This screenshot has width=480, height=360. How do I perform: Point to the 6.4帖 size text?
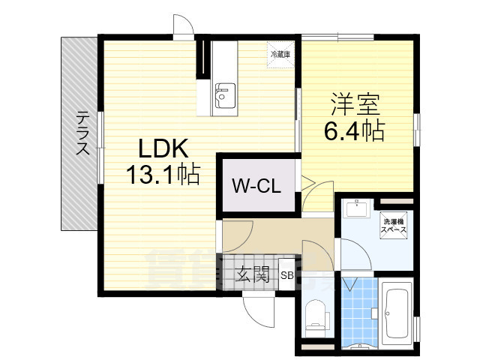pyautogui.click(x=354, y=132)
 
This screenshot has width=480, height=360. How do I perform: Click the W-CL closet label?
pyautogui.click(x=256, y=186)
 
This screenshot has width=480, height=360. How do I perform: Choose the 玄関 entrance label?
pyautogui.click(x=253, y=274)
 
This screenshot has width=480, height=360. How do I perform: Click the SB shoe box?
pyautogui.click(x=287, y=275)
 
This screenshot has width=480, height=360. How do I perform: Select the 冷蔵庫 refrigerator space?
pyautogui.click(x=281, y=54)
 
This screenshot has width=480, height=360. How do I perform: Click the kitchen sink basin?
pyautogui.click(x=223, y=94)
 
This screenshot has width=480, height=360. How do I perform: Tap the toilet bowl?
pyautogui.click(x=315, y=315)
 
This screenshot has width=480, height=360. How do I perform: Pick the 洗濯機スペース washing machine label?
pyautogui.click(x=394, y=226)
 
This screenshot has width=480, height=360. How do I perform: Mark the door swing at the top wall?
pyautogui.click(x=182, y=28)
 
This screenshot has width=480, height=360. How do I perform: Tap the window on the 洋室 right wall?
pyautogui.click(x=418, y=125)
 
